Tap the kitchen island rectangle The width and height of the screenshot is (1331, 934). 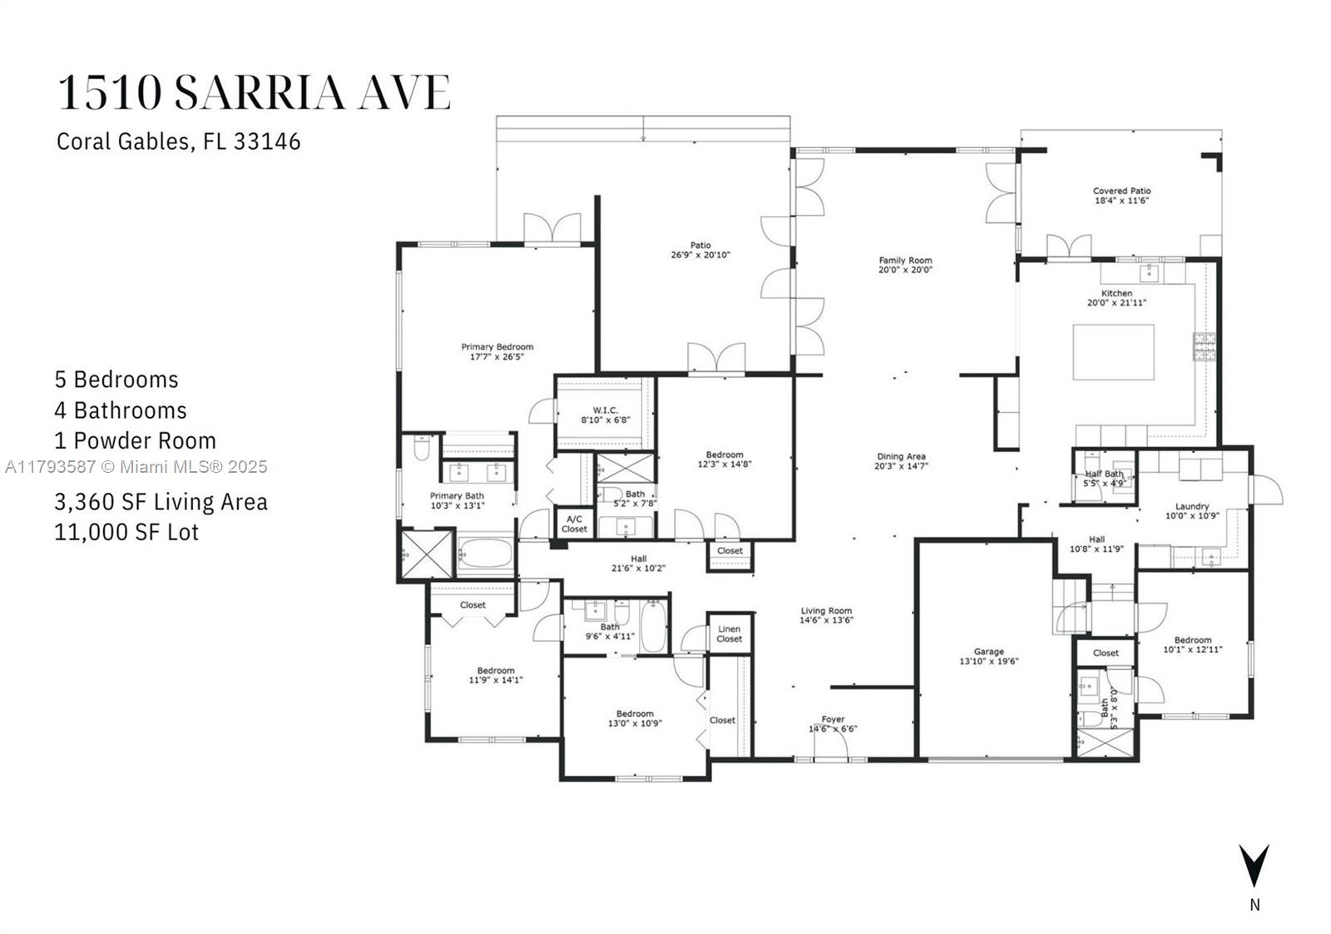click(x=1114, y=352)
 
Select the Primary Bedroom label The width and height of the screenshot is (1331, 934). click(x=497, y=346)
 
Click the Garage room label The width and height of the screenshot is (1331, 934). click(x=989, y=652)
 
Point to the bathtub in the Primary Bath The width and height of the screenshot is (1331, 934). click(x=486, y=554)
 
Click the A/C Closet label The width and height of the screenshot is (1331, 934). click(x=574, y=524)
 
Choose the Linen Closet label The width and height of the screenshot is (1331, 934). click(x=729, y=633)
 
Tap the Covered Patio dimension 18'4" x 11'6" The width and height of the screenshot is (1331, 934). click(x=1122, y=201)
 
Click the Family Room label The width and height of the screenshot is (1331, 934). click(x=906, y=260)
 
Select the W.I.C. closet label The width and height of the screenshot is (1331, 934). click(x=606, y=410)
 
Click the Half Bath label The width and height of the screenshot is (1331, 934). click(x=1105, y=474)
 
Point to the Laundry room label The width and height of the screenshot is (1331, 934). click(x=1192, y=506)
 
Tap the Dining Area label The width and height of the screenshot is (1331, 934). click(x=902, y=456)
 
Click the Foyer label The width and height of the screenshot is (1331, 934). click(x=833, y=718)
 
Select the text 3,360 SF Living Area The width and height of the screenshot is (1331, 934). click(x=161, y=502)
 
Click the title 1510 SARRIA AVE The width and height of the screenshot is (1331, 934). click(x=255, y=92)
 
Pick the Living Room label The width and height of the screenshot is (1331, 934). click(x=826, y=610)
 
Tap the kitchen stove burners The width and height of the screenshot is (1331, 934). click(x=1205, y=346)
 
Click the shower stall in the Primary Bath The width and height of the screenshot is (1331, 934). click(x=427, y=554)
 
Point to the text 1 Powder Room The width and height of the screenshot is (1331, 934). click(x=136, y=440)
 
